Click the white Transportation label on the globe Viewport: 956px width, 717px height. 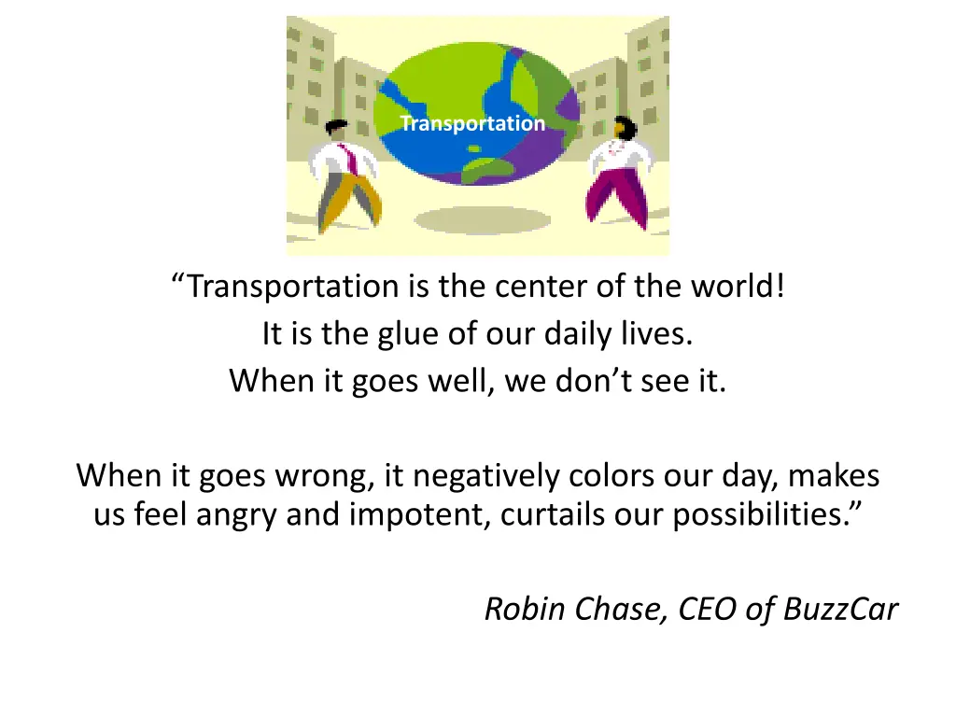472,123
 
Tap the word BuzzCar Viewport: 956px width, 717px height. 840,610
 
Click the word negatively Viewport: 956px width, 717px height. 485,476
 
